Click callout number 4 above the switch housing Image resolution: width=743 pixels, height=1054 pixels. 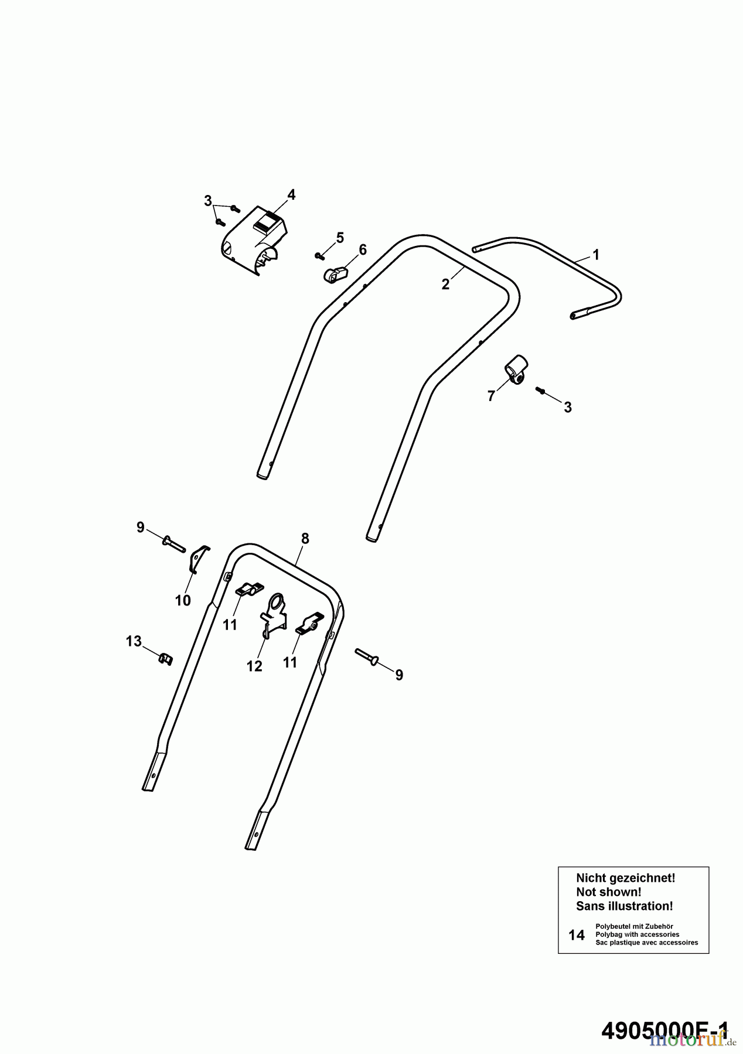[291, 194]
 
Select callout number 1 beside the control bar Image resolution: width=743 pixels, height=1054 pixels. [596, 255]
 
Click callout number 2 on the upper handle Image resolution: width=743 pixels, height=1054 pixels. [445, 285]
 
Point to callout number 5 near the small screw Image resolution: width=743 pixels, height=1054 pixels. [340, 238]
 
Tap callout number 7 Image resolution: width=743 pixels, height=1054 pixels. [491, 396]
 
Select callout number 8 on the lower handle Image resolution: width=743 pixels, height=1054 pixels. [305, 538]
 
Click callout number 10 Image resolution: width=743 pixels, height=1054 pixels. [183, 600]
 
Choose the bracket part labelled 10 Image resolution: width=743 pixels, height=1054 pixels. [199, 559]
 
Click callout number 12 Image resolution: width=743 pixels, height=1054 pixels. [254, 666]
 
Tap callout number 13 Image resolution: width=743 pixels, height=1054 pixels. [134, 641]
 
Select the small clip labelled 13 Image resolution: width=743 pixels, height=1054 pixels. [166, 659]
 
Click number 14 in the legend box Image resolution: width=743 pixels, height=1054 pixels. [577, 935]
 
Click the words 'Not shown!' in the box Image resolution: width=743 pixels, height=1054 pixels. [609, 892]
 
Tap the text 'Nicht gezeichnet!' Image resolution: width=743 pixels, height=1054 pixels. [626, 878]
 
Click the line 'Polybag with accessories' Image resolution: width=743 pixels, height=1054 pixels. [638, 935]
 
